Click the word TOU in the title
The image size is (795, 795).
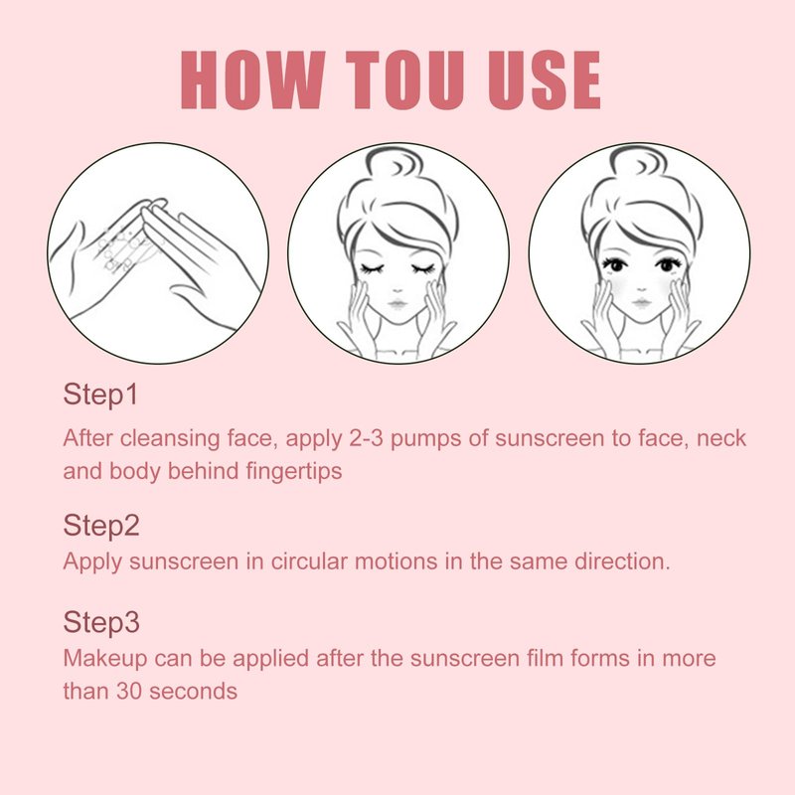405,80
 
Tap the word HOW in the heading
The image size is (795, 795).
253,80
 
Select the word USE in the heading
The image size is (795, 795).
544,80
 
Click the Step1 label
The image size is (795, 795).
100,395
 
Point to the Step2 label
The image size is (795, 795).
101,526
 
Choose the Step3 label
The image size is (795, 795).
101,622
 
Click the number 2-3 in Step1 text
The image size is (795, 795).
366,438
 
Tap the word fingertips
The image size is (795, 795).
294,471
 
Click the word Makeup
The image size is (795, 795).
106,659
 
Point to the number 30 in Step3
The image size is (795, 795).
129,691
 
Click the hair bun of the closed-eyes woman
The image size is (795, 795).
395,164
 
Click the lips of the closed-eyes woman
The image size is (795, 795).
397,304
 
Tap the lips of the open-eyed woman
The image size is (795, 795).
641,303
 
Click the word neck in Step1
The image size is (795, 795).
721,438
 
